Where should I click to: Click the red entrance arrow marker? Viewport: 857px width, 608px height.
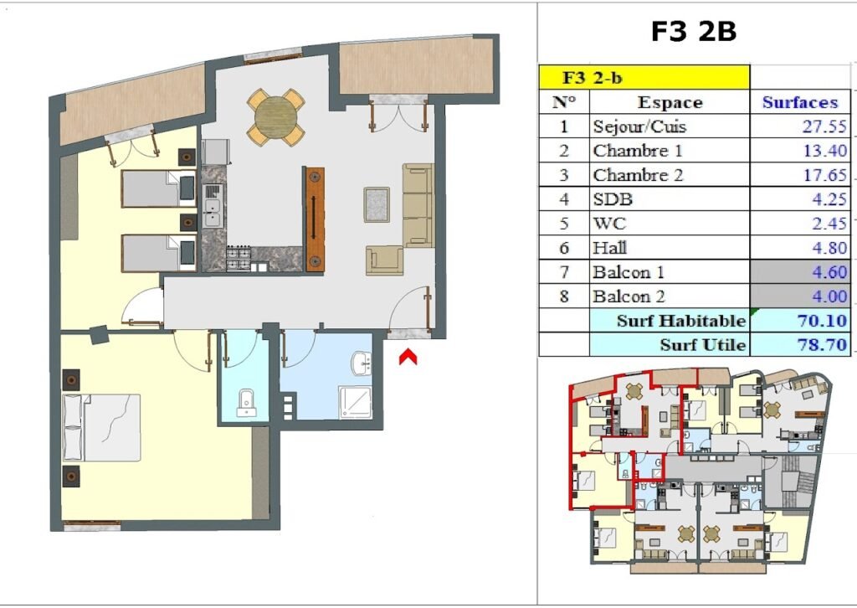point(408,358)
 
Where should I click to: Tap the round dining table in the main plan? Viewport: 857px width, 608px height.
point(276,117)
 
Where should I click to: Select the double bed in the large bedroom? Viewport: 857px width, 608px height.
point(101,428)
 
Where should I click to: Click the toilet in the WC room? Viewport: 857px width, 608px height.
point(247,403)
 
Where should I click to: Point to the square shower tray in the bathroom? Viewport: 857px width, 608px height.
point(355,403)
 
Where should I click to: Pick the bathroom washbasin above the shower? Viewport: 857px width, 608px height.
point(362,363)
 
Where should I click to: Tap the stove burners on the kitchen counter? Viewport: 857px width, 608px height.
point(239,259)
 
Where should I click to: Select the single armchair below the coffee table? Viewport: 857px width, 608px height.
point(385,260)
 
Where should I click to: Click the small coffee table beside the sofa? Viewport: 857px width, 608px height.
point(377,204)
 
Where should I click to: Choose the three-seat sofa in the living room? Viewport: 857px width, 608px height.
point(418,205)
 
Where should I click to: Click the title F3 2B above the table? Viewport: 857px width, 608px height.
point(694,31)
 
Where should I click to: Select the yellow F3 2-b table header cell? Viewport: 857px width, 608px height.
point(644,77)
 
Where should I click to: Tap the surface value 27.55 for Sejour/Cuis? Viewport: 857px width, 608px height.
point(824,126)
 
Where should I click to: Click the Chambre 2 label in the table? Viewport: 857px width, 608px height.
point(638,175)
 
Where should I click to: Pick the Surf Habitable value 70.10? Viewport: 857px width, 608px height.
point(822,320)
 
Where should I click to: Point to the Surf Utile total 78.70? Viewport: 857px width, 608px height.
point(822,344)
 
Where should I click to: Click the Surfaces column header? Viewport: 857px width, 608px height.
point(800,102)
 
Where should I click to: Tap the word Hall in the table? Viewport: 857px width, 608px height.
point(610,248)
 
